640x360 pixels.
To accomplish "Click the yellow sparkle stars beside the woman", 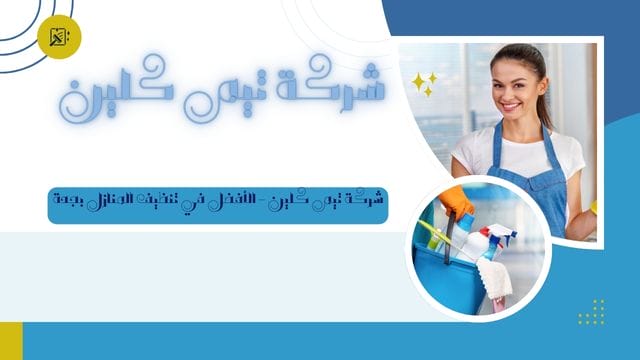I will pos(424,84).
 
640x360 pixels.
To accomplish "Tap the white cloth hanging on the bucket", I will pos(494,276).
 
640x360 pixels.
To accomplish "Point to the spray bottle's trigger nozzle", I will pos(504,234).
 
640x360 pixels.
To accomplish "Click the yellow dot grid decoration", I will pos(591,311).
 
